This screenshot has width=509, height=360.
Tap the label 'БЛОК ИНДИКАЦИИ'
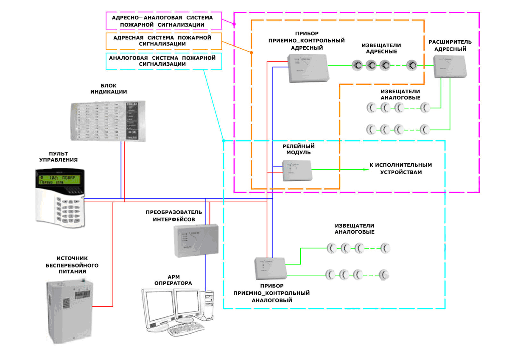(109, 89)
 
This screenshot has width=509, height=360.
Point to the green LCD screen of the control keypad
(59, 179)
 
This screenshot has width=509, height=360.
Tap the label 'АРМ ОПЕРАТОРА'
(173, 280)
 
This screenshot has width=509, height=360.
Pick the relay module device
(297, 170)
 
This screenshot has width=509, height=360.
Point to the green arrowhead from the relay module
(365, 170)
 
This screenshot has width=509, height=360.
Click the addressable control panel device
(307, 68)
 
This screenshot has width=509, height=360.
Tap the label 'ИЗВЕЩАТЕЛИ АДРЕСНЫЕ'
(381, 48)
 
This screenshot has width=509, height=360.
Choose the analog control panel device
(270, 270)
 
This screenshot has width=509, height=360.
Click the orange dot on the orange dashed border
(251, 53)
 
